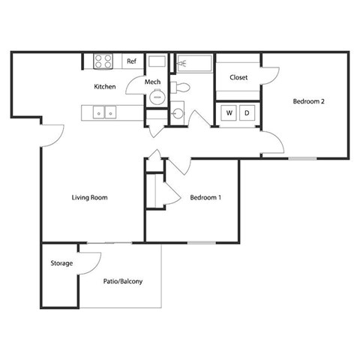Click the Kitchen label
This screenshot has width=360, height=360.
tap(105, 87)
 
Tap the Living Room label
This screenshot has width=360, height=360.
tap(90, 198)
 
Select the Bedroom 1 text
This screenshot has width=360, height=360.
tap(205, 198)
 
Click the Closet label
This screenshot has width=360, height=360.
tap(238, 76)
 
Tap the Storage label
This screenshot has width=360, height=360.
tap(61, 263)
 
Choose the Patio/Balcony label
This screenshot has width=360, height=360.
tap(122, 281)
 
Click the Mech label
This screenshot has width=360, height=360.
tap(153, 82)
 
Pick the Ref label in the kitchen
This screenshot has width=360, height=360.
tap(130, 61)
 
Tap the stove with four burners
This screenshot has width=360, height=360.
tap(103, 61)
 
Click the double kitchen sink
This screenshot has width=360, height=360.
tap(103, 112)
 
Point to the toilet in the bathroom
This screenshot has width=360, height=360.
tap(181, 87)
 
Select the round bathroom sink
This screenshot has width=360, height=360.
tap(178, 114)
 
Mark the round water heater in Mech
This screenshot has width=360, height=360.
tap(157, 98)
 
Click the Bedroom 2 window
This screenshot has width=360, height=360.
tap(303, 158)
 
